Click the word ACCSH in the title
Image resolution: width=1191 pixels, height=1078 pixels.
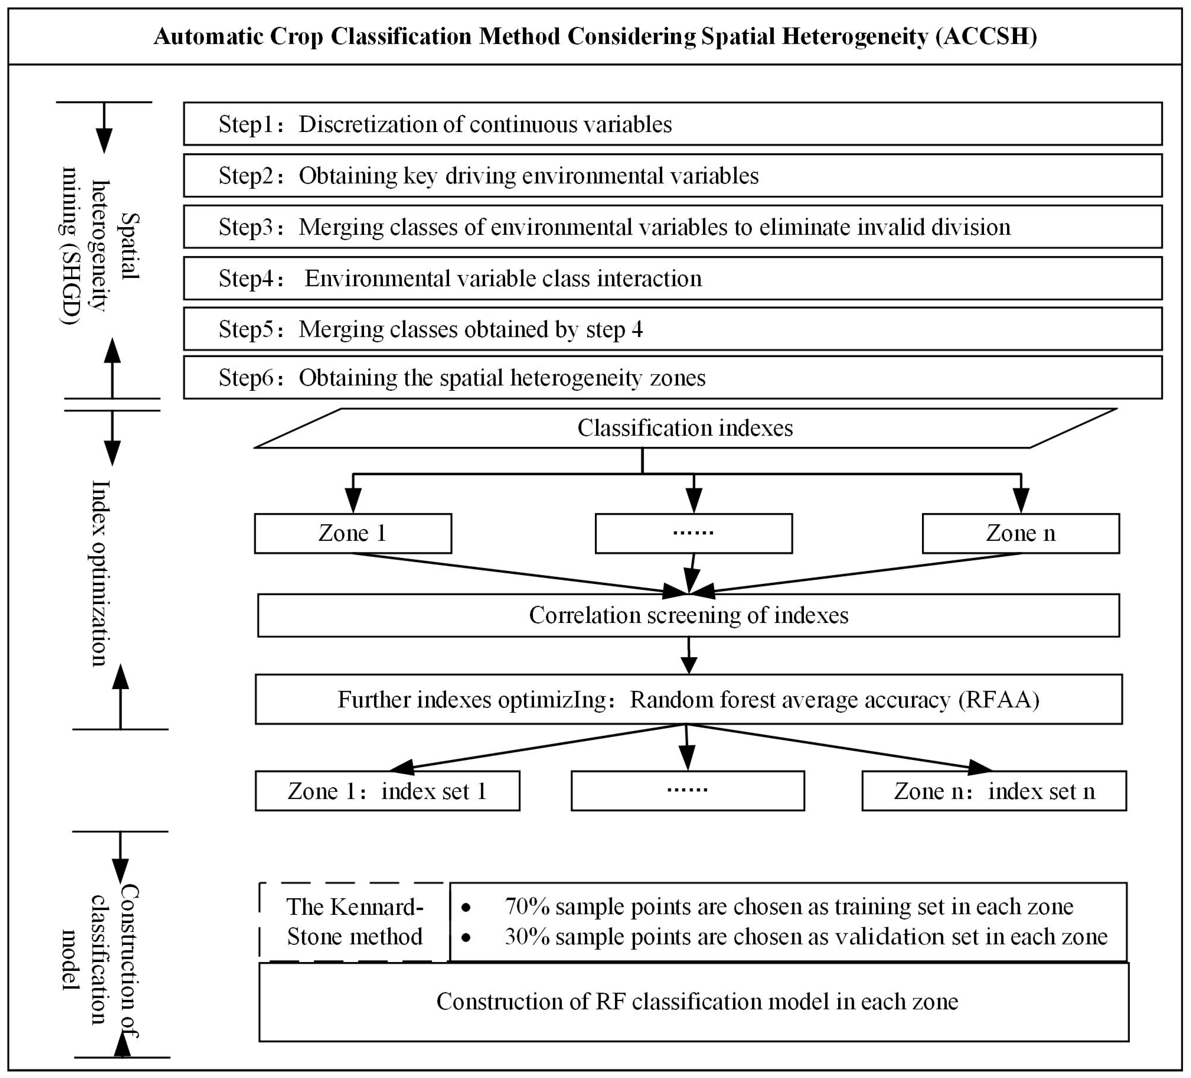pyautogui.click(x=986, y=37)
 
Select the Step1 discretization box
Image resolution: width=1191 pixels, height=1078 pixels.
pyautogui.click(x=672, y=124)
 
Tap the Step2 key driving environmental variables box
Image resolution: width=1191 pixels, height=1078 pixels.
pyautogui.click(x=672, y=176)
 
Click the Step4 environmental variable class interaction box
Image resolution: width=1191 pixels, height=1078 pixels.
pyautogui.click(x=672, y=278)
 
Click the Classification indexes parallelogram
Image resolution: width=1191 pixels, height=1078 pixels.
pyautogui.click(x=685, y=428)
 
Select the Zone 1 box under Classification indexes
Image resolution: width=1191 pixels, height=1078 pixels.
pyautogui.click(x=353, y=533)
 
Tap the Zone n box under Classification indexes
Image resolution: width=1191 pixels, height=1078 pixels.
pyautogui.click(x=1020, y=533)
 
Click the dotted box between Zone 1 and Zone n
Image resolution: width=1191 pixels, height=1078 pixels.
pyautogui.click(x=693, y=533)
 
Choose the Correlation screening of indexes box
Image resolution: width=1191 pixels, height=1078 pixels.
pyautogui.click(x=688, y=615)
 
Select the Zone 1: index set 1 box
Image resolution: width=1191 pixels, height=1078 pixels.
pyautogui.click(x=388, y=791)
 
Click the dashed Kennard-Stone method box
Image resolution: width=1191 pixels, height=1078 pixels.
pyautogui.click(x=354, y=922)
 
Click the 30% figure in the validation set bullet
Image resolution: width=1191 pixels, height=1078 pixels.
pyautogui.click(x=527, y=937)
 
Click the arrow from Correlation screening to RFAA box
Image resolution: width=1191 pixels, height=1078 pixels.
pyautogui.click(x=689, y=656)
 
